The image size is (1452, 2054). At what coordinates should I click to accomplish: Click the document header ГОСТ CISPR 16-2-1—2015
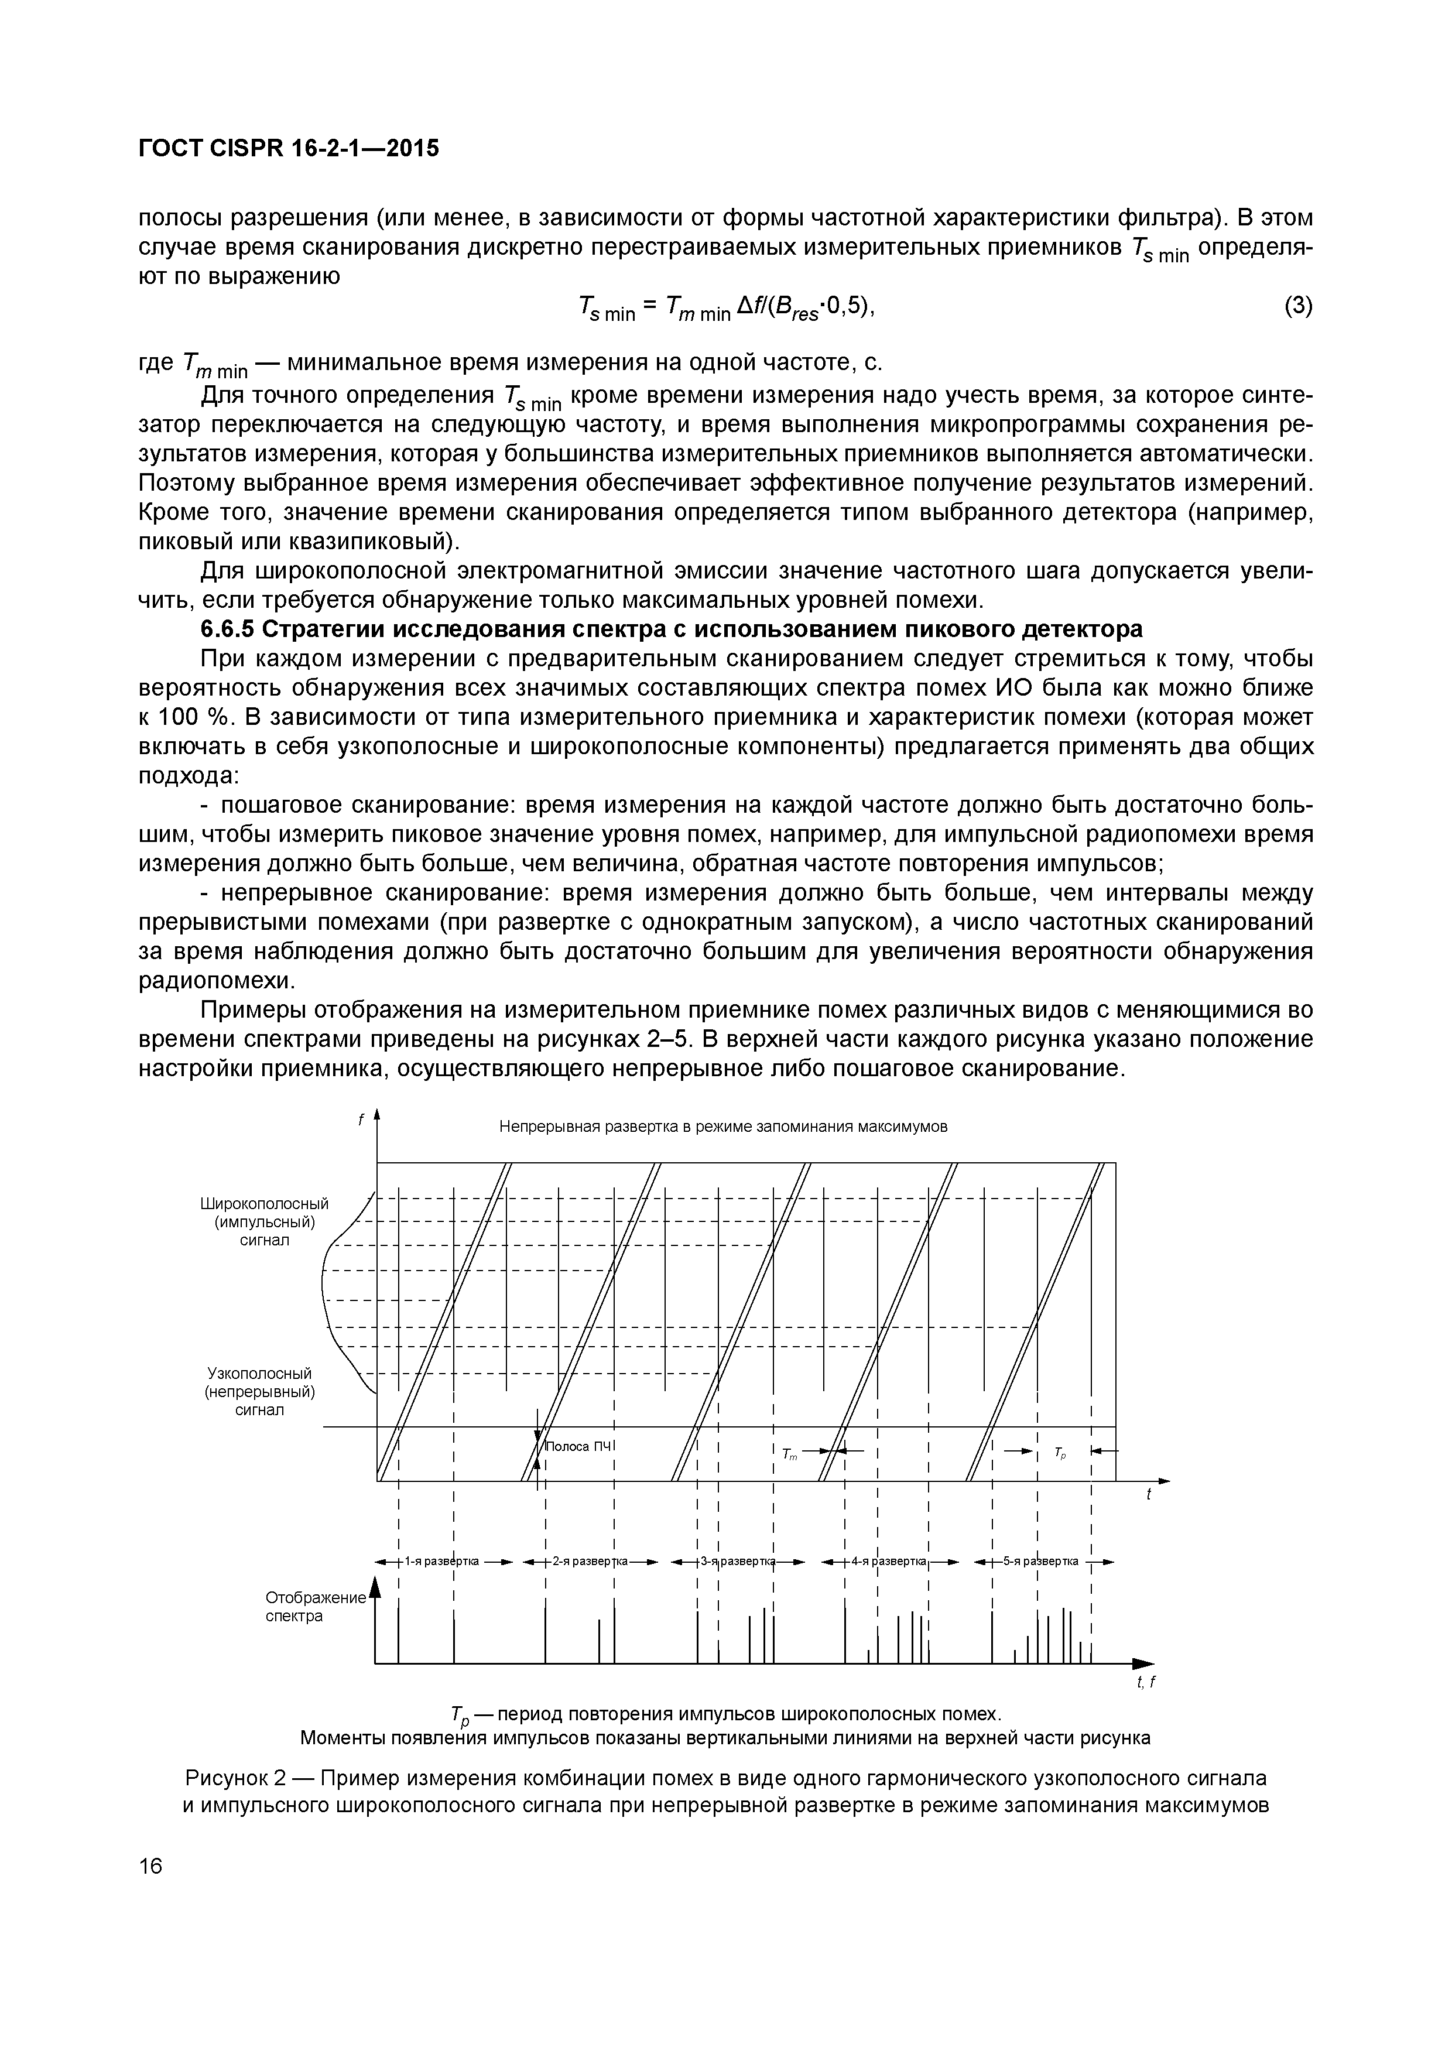tap(288, 149)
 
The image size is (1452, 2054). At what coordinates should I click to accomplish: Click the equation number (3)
tap(1298, 306)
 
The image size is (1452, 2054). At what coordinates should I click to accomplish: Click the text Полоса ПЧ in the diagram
tap(580, 1447)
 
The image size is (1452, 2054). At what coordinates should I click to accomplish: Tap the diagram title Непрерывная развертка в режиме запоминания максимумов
tap(723, 1127)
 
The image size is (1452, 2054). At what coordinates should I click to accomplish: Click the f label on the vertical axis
tap(361, 1119)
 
